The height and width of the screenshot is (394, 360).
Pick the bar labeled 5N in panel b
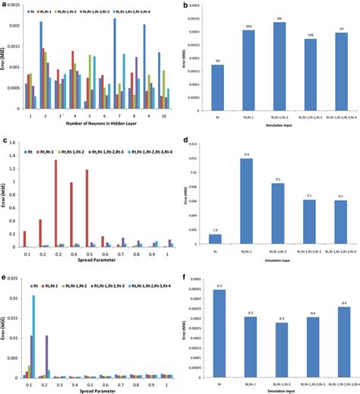[x=217, y=88]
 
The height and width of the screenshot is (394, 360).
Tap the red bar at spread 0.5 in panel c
[x=88, y=209]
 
